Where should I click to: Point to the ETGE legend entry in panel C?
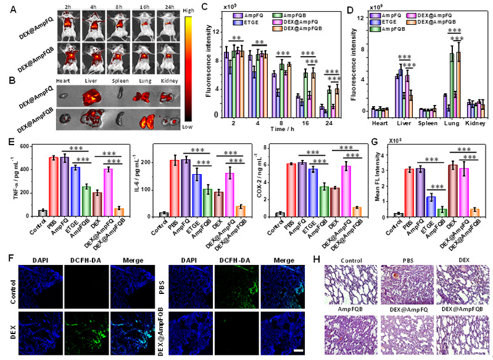[248, 22]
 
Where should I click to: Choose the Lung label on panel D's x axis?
[455, 122]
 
